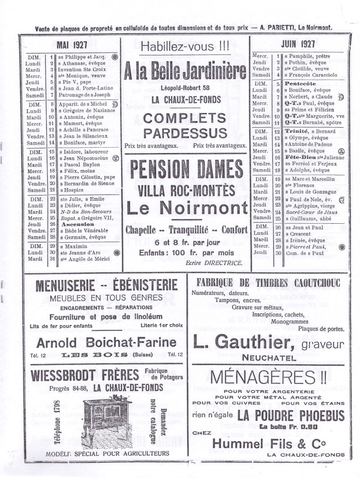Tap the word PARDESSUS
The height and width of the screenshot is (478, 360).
pyautogui.click(x=184, y=133)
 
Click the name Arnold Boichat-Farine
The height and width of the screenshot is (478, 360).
pyautogui.click(x=106, y=343)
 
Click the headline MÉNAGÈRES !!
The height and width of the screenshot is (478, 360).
pyautogui.click(x=269, y=376)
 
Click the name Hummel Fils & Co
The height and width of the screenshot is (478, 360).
pyautogui.click(x=275, y=444)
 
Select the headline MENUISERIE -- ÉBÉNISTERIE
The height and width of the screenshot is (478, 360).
pyautogui.click(x=106, y=285)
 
